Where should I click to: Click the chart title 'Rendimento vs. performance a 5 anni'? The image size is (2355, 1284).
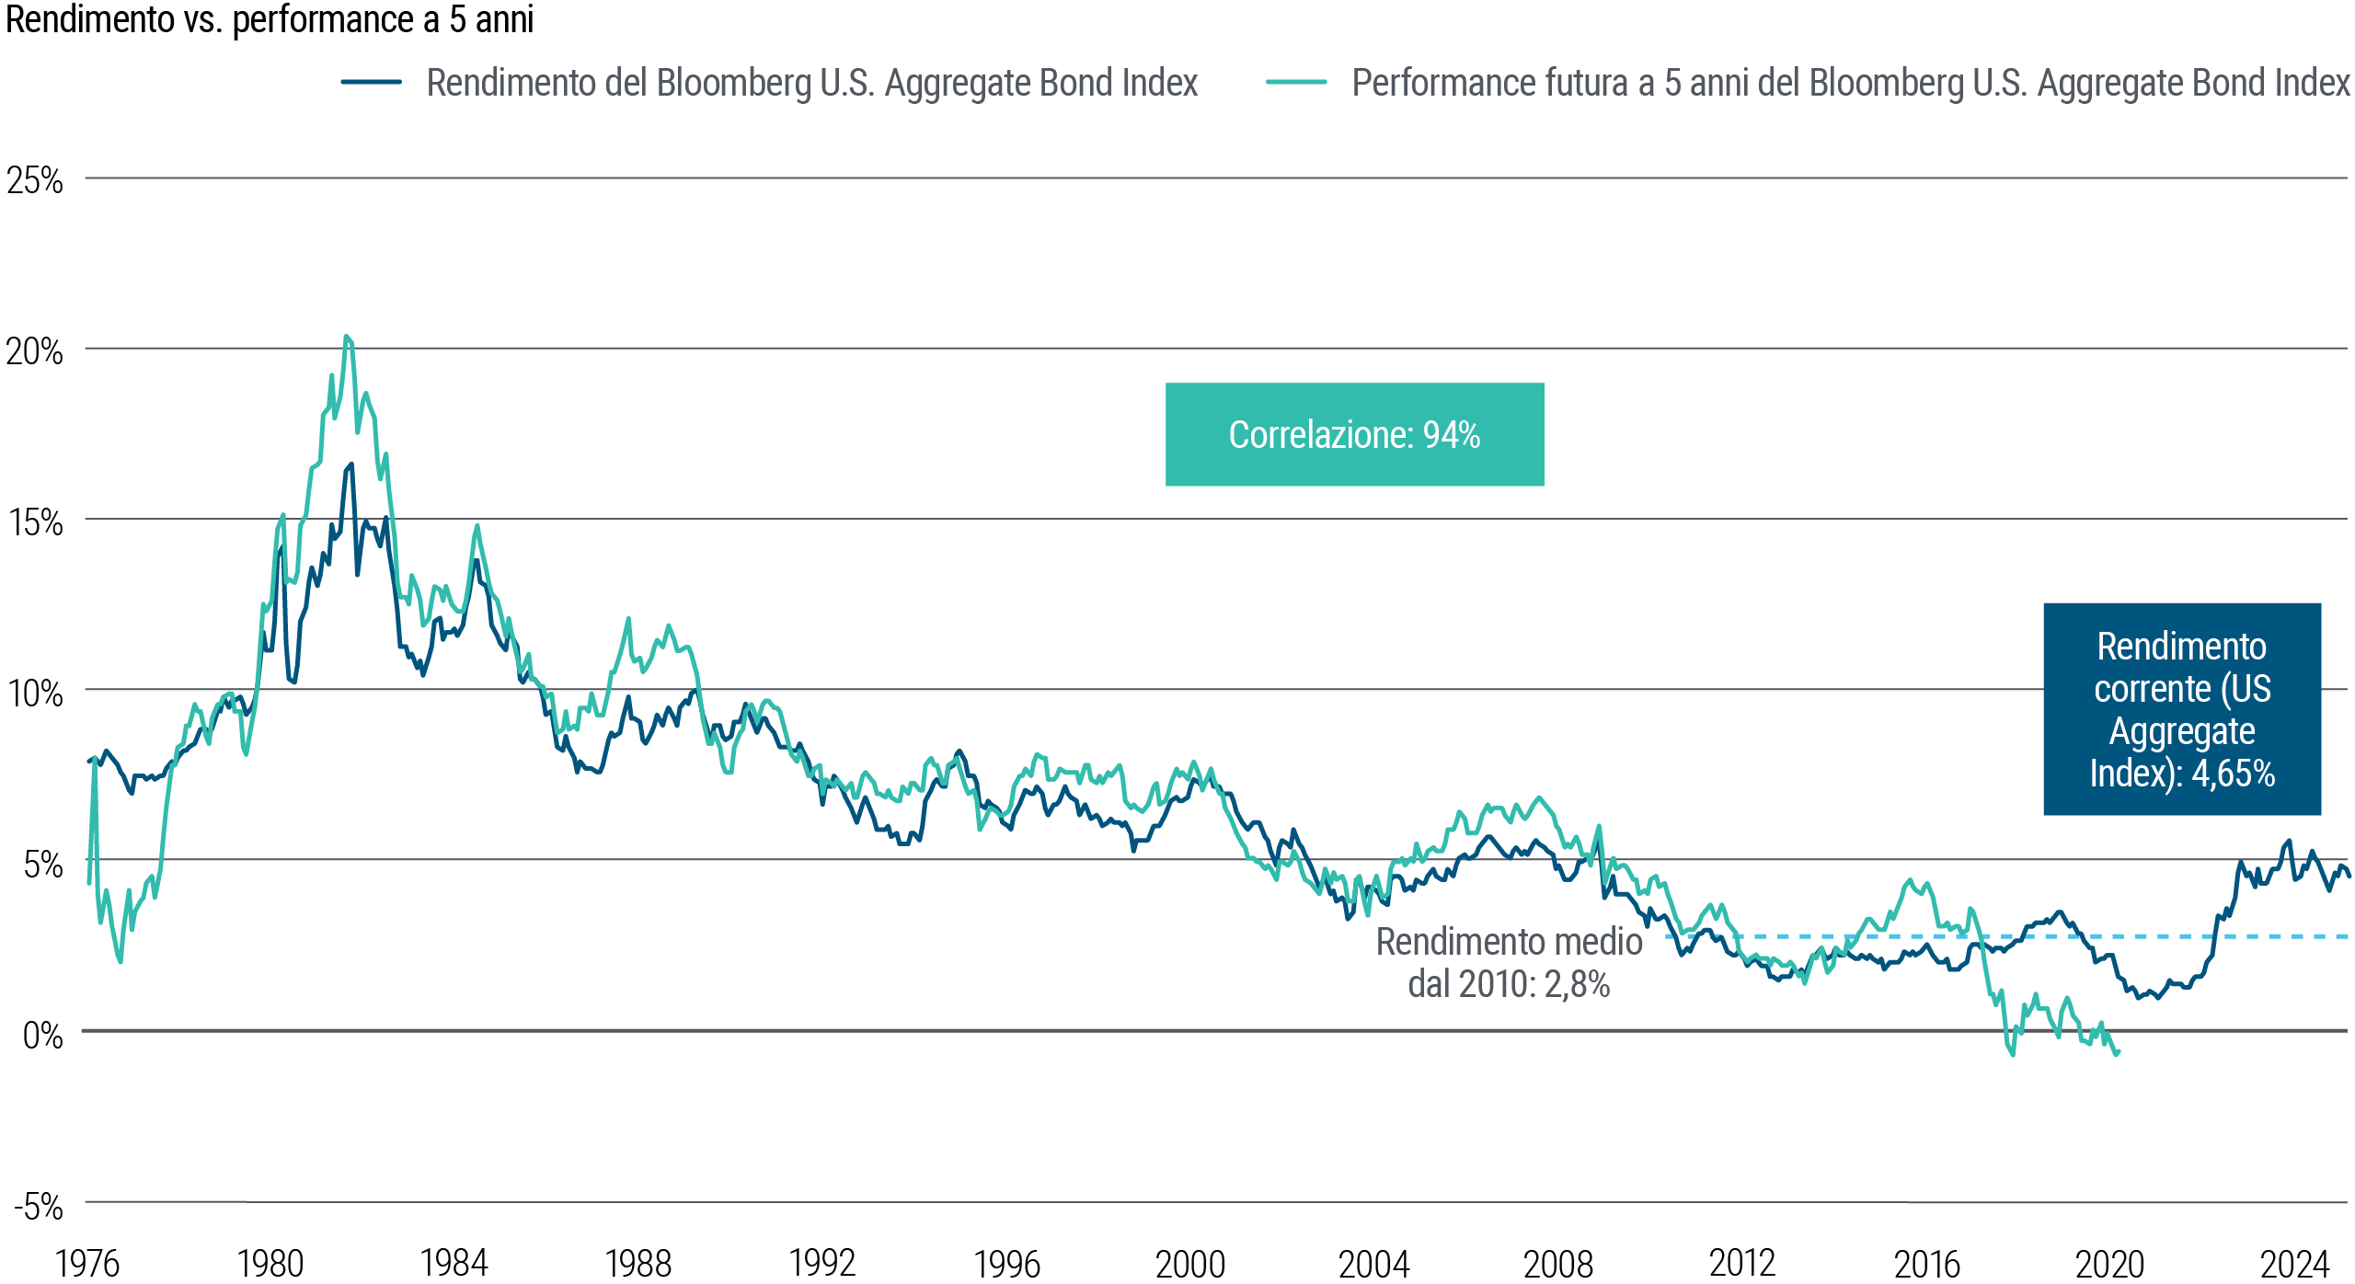click(x=270, y=20)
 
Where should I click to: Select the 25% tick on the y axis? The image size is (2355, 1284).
click(x=35, y=181)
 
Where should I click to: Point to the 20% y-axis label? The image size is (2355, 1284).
click(x=35, y=351)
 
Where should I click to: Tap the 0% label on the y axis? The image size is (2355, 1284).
click(x=42, y=1036)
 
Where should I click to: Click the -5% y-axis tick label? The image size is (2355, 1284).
click(x=39, y=1206)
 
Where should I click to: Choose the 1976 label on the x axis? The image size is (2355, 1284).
click(x=87, y=1264)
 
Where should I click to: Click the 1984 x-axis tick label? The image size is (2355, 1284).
click(x=454, y=1264)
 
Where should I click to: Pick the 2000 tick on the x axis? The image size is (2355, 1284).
click(x=1190, y=1264)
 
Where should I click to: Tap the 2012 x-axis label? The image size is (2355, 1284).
click(x=1742, y=1264)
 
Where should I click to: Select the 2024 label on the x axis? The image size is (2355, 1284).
click(x=2294, y=1264)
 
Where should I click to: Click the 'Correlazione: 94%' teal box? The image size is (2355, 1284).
click(x=1354, y=435)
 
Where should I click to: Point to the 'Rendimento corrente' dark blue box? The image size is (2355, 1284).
click(x=2181, y=708)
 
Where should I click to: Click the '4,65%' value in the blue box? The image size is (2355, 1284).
click(x=2233, y=774)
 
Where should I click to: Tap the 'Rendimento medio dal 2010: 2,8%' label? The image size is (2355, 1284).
click(x=1509, y=962)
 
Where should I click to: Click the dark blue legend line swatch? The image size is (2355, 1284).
click(x=371, y=82)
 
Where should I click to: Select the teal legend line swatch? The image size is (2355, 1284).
click(x=1296, y=82)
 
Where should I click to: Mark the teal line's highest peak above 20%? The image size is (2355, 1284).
click(x=346, y=337)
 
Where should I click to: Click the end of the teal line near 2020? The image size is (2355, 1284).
click(x=2118, y=1053)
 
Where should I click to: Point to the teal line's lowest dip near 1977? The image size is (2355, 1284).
click(x=121, y=961)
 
